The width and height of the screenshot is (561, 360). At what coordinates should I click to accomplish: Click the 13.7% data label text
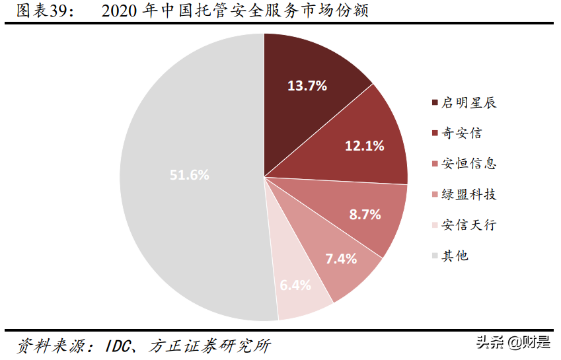[x=307, y=85]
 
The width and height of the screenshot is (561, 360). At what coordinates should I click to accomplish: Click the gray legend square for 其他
[x=435, y=256]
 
